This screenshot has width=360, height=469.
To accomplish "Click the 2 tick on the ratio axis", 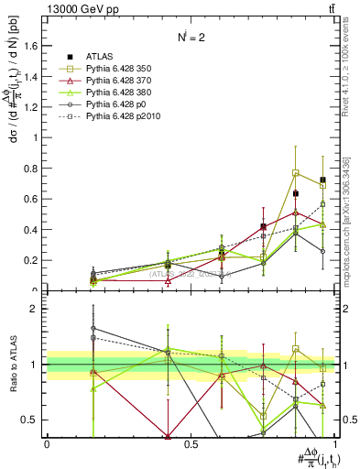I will pos(38,309).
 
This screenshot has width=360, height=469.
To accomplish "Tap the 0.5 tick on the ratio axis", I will pos(34,420).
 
